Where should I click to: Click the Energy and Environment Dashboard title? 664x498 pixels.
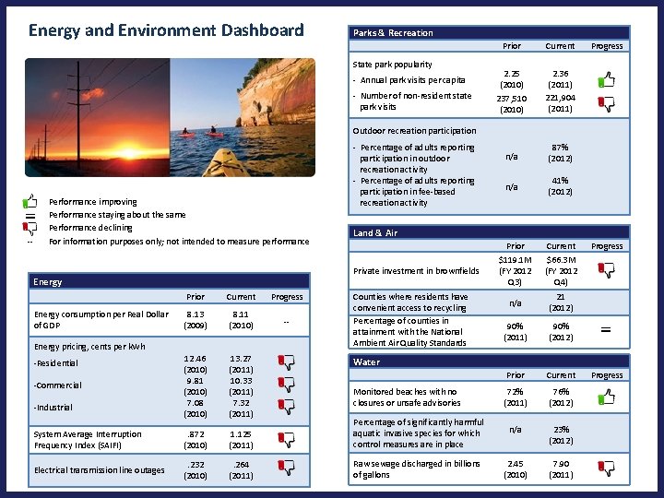[166, 30]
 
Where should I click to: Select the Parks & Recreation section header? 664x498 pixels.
[393, 32]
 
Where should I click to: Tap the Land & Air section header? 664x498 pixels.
[375, 232]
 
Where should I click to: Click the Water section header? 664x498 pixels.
[366, 362]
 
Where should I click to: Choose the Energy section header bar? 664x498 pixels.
[48, 281]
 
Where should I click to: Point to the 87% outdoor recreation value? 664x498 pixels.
[560, 147]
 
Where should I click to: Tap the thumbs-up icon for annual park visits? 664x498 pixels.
[606, 83]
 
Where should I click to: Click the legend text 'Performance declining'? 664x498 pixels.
[90, 228]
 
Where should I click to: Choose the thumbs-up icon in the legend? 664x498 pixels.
[30, 200]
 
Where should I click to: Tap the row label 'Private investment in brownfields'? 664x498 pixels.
[416, 271]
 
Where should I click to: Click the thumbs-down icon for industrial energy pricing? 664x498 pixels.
[287, 407]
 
